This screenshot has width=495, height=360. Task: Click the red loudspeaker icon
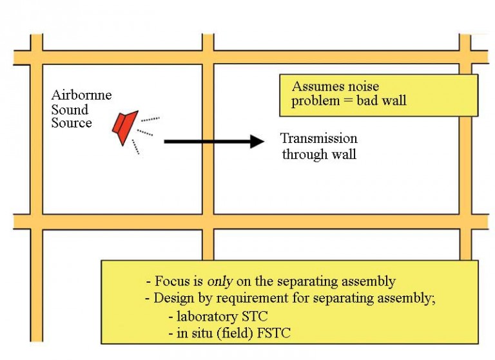[124, 127]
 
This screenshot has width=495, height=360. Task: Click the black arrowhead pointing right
[257, 141]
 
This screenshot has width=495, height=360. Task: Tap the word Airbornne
[81, 95]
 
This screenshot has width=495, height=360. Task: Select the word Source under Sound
[72, 123]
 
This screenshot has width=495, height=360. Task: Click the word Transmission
[318, 139]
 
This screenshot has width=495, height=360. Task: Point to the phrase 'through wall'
[318, 155]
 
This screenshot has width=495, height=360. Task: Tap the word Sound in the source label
[70, 109]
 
